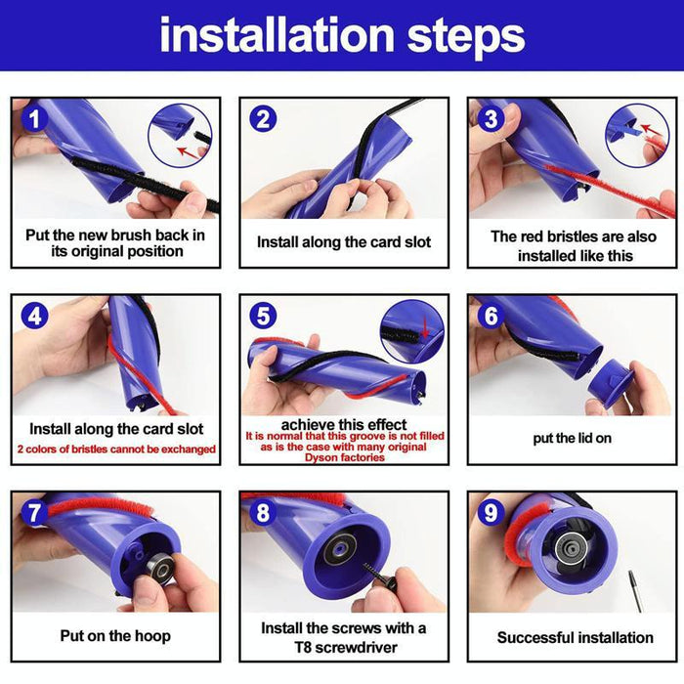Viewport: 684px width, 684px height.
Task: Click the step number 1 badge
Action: [x=35, y=119]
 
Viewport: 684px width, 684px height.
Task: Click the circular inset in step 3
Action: [x=636, y=135]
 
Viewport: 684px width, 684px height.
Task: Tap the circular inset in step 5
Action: [x=411, y=331]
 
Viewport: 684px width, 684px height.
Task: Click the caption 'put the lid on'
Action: [x=572, y=438]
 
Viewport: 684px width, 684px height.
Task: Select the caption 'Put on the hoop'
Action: [x=115, y=636]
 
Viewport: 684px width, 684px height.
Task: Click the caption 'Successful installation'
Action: [x=575, y=637]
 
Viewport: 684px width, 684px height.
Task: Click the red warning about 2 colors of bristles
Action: [x=115, y=449]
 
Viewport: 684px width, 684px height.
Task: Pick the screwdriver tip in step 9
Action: [x=634, y=592]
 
